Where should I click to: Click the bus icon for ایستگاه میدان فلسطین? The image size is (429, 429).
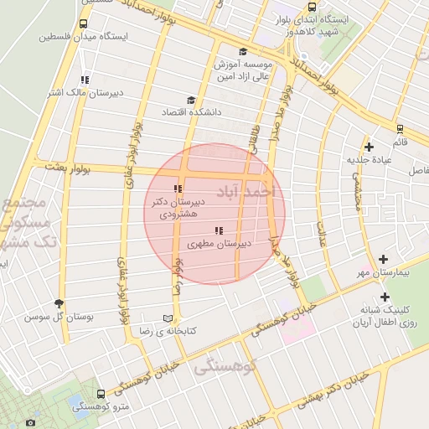(x=82, y=24)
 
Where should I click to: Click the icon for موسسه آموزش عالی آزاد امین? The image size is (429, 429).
(x=242, y=51)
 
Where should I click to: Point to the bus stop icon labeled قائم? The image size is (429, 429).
(x=400, y=129)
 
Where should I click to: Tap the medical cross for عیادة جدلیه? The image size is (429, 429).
(x=370, y=147)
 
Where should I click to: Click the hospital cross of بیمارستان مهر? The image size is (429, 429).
(x=384, y=260)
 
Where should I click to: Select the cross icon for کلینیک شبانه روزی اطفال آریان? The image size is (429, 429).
(x=385, y=297)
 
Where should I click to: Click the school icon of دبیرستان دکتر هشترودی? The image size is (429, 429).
(x=177, y=189)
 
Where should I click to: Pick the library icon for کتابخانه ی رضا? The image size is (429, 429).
(x=168, y=319)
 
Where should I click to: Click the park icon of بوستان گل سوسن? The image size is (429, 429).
(x=59, y=304)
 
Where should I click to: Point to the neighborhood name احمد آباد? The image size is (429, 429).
(x=256, y=193)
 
